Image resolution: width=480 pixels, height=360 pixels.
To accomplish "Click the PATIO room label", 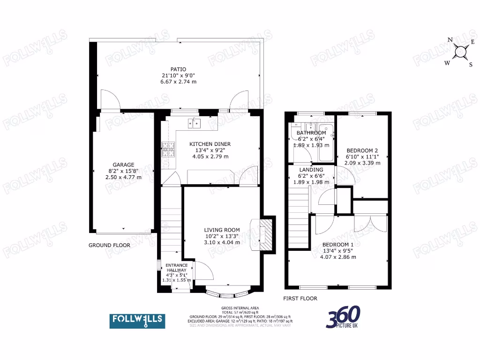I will coord(179,69).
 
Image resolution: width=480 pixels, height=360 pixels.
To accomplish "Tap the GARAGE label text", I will coord(123,165).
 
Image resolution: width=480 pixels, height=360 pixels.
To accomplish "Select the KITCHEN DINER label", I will coord(210,144).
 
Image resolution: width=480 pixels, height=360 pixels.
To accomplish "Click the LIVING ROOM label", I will coord(222,230).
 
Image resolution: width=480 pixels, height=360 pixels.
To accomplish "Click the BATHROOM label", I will coord(311,133).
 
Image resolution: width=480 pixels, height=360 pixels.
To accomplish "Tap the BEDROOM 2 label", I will coord(362,150).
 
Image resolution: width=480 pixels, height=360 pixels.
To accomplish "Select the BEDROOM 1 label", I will coord(338,245).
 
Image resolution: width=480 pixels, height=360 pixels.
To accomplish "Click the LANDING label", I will coord(311,170).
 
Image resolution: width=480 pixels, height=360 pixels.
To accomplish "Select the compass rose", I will coord(460,52).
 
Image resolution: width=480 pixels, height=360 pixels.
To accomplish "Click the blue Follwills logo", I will coord(137,321).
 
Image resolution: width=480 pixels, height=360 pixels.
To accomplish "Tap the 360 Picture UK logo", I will coord(344,318).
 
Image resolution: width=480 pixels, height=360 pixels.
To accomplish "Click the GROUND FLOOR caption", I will coord(110,245).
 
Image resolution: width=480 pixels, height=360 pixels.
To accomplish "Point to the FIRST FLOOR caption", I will coord(300,298).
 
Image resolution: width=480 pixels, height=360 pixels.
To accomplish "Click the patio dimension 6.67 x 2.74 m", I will coord(179,81).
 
